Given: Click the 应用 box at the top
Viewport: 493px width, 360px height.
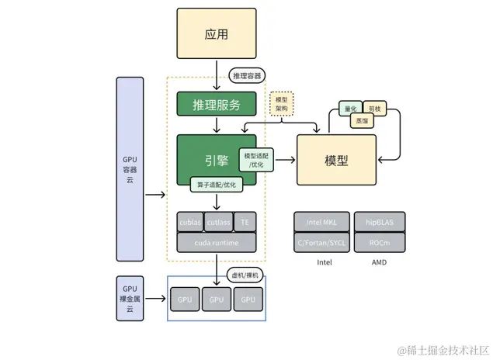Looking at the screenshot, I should (x=217, y=35).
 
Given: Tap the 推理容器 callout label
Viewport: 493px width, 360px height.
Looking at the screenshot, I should (x=247, y=75).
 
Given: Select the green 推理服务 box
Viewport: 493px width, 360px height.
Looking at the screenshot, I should (x=217, y=105).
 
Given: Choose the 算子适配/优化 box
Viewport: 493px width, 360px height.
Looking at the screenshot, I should (x=217, y=185).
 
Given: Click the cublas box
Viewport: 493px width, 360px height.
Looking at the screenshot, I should (x=190, y=222).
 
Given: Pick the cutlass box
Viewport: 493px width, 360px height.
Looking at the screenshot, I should (x=218, y=222).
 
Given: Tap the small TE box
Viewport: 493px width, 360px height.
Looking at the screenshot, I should (x=245, y=222).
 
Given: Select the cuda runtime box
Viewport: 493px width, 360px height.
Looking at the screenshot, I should (x=217, y=242).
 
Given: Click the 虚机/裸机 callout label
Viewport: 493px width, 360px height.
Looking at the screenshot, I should (x=247, y=276).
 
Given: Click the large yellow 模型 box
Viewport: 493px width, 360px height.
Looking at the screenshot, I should (x=336, y=160).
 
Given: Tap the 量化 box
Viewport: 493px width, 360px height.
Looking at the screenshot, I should (x=349, y=109).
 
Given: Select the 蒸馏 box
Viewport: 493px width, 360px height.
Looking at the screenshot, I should (x=363, y=121).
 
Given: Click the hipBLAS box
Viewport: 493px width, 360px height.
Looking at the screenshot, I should (x=380, y=222).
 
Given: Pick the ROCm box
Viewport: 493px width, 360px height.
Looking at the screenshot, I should (x=380, y=242).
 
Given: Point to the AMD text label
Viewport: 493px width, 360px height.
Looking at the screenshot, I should (x=380, y=262).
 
